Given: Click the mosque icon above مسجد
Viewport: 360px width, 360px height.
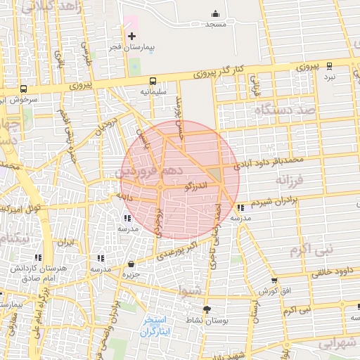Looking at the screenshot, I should pos(215,14).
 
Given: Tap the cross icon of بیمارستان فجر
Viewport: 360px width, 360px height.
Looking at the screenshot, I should pos(131,36).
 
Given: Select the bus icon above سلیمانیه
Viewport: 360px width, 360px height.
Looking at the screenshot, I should pos(153,81).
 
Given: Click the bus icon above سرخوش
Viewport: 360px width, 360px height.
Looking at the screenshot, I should pos(24,89).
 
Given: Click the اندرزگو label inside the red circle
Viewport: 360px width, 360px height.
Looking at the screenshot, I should pos(195,186).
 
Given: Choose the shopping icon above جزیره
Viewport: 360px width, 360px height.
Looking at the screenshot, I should pos(131,264).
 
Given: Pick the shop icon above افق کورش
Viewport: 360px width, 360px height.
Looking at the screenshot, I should pos(274,280).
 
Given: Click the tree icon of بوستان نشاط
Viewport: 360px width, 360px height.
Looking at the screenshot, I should pos(207,309).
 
